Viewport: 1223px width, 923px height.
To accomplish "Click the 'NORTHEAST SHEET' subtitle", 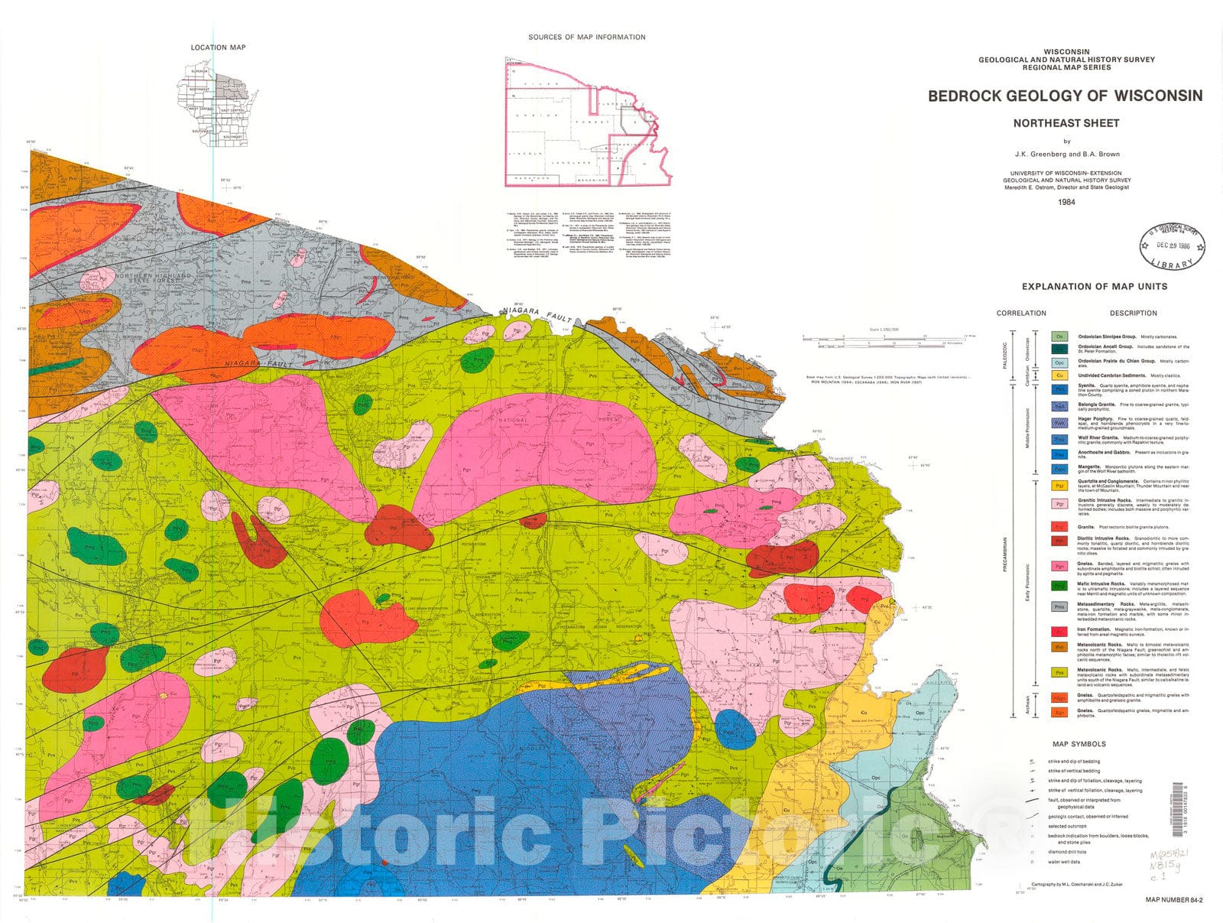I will pos(1066,123).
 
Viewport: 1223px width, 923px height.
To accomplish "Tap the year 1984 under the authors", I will pos(1066,202).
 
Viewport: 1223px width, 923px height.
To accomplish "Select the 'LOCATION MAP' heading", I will pos(218,47).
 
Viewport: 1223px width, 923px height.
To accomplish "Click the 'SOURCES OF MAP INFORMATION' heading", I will pos(586,37).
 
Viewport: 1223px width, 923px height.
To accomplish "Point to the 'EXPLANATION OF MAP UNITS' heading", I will pos(1094,287).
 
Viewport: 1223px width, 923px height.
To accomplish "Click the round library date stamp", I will pos(1172,246).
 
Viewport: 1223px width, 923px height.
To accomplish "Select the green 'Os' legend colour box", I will pos(1059,336).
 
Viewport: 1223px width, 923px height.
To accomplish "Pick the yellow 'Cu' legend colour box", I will pos(1059,375).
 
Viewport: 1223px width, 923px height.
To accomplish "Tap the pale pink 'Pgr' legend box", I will pos(1059,504).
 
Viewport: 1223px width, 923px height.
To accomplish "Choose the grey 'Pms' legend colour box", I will pos(1059,606).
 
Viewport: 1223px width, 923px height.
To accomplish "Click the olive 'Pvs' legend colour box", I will pos(1059,673).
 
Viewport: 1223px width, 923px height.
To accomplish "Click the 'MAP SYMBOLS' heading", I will pos(1079,744).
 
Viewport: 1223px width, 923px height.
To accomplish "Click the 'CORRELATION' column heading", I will pos(1021,313).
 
